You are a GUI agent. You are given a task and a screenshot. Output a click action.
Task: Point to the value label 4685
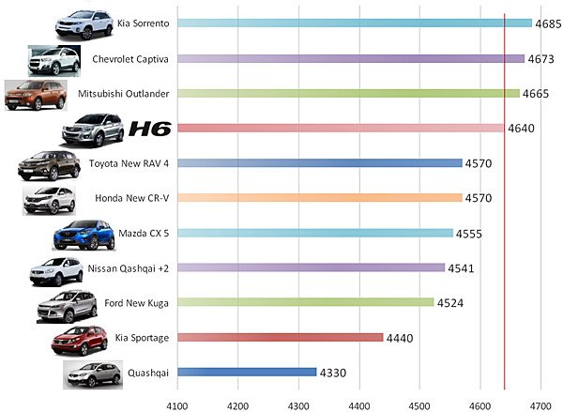tap(549, 23)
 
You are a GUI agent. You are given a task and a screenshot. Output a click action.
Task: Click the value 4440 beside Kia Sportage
tap(400, 338)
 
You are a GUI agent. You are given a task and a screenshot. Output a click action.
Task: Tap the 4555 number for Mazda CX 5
tap(469, 234)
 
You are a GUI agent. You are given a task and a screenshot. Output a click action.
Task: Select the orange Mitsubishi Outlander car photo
tap(36, 96)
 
